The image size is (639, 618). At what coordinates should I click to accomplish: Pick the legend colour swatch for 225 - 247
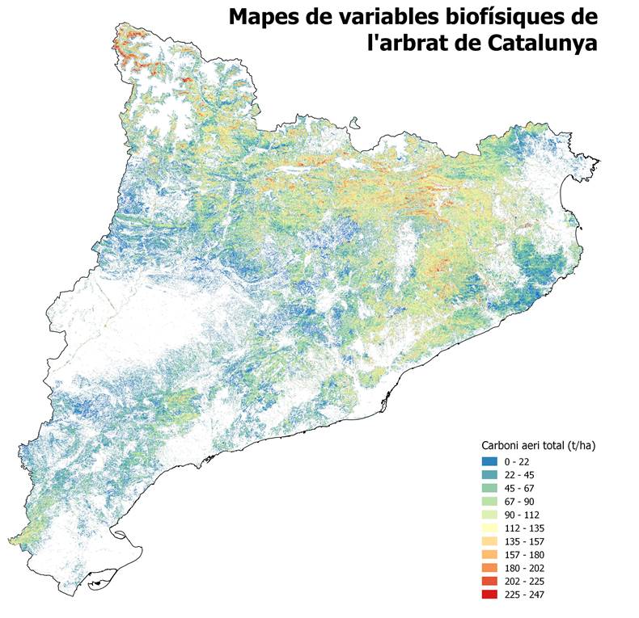(489, 595)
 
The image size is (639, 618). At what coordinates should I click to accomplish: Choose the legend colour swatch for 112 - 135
(489, 528)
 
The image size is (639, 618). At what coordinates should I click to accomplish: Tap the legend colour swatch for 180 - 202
(489, 568)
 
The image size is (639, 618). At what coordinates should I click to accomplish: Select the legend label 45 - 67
(518, 488)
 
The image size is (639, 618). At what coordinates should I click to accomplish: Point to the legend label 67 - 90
(518, 502)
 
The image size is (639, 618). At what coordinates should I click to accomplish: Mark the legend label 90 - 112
(521, 515)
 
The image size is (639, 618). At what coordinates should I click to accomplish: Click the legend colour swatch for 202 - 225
(489, 582)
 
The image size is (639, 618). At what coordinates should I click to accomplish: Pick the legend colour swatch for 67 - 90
(489, 502)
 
